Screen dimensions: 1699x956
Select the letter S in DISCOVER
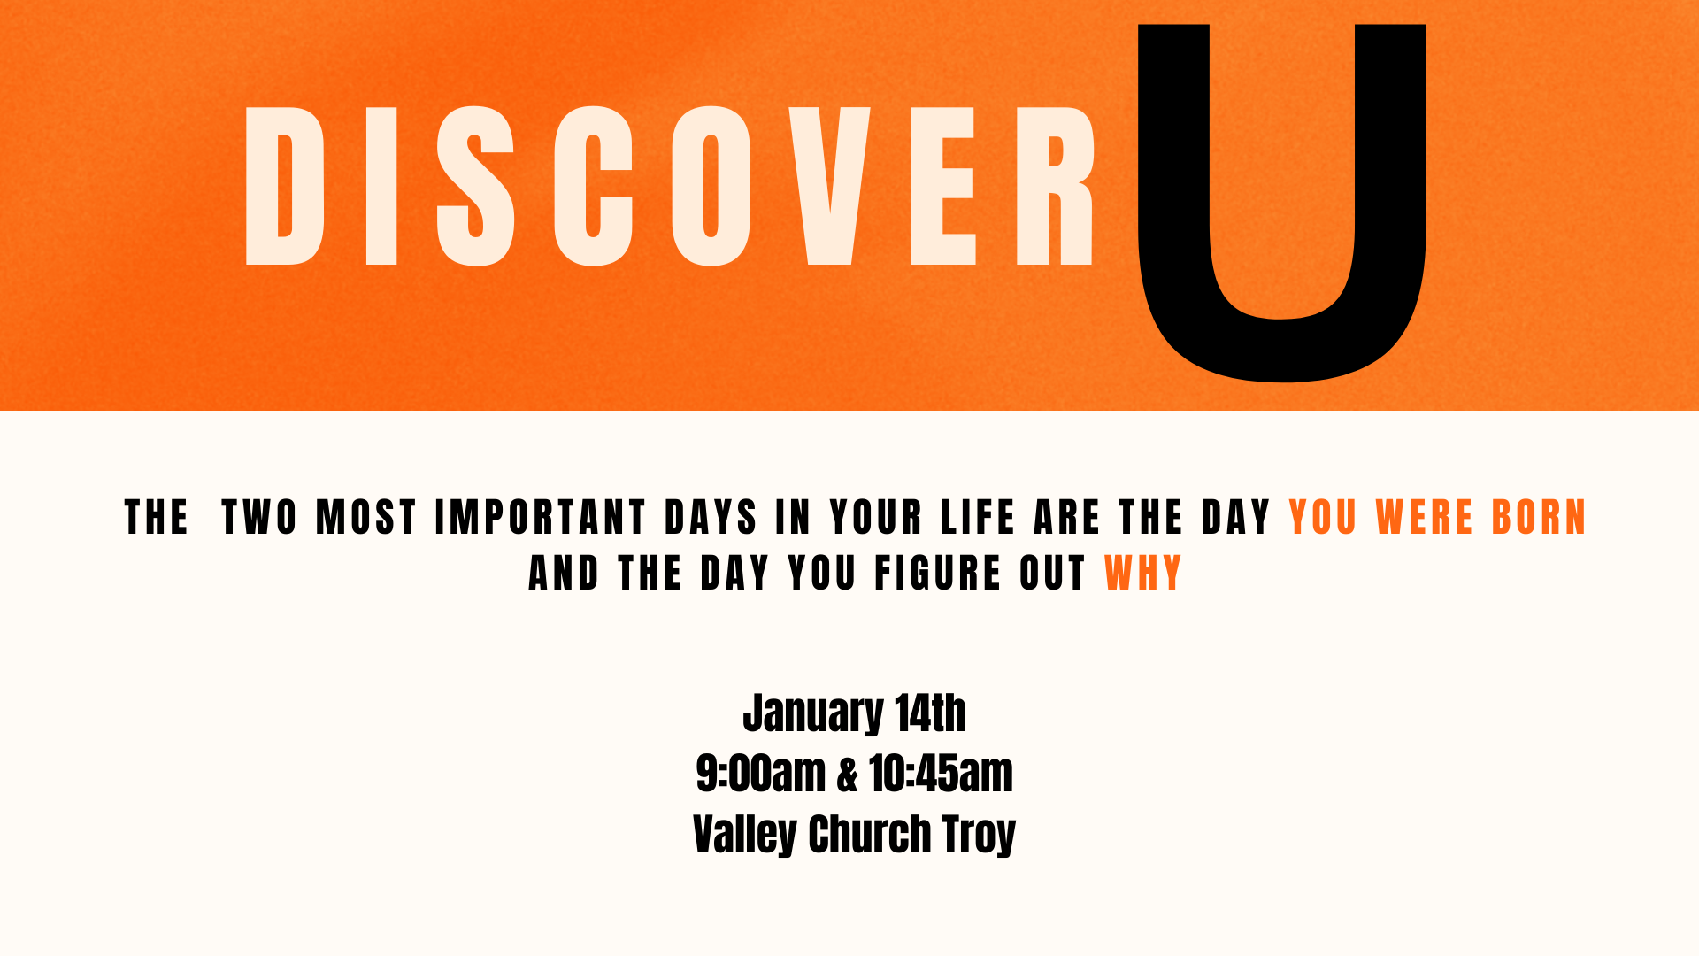click(476, 186)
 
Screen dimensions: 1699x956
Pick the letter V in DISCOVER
click(830, 186)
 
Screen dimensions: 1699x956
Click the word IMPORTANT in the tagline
click(541, 518)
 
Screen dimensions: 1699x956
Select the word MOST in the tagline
click(366, 518)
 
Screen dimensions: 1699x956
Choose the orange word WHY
click(1143, 574)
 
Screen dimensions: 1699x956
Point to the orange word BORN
click(1539, 518)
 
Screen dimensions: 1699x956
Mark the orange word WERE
click(1425, 518)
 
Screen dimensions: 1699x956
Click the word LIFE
click(978, 518)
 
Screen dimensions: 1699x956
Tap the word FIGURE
click(938, 574)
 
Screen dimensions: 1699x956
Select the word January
click(812, 714)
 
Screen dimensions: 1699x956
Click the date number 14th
click(930, 713)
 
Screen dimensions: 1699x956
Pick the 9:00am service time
click(761, 774)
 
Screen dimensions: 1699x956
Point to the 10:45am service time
click(941, 774)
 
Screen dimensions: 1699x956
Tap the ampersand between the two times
click(848, 775)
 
